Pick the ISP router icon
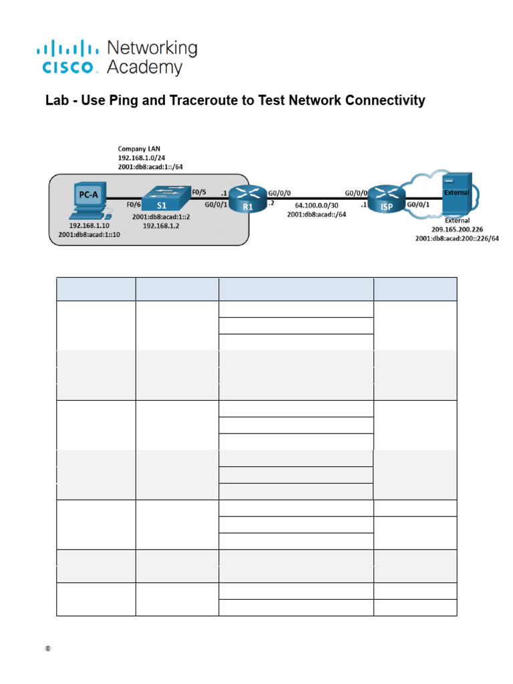(387, 198)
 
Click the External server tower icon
(458, 194)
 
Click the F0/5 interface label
(198, 192)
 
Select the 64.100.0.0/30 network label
(316, 206)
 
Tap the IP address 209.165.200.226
(457, 229)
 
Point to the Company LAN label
(139, 148)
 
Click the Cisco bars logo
(67, 49)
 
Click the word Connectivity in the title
(384, 101)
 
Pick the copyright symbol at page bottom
(49, 649)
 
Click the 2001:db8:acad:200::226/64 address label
(457, 238)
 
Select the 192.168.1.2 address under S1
(161, 226)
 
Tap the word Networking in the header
(152, 48)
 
